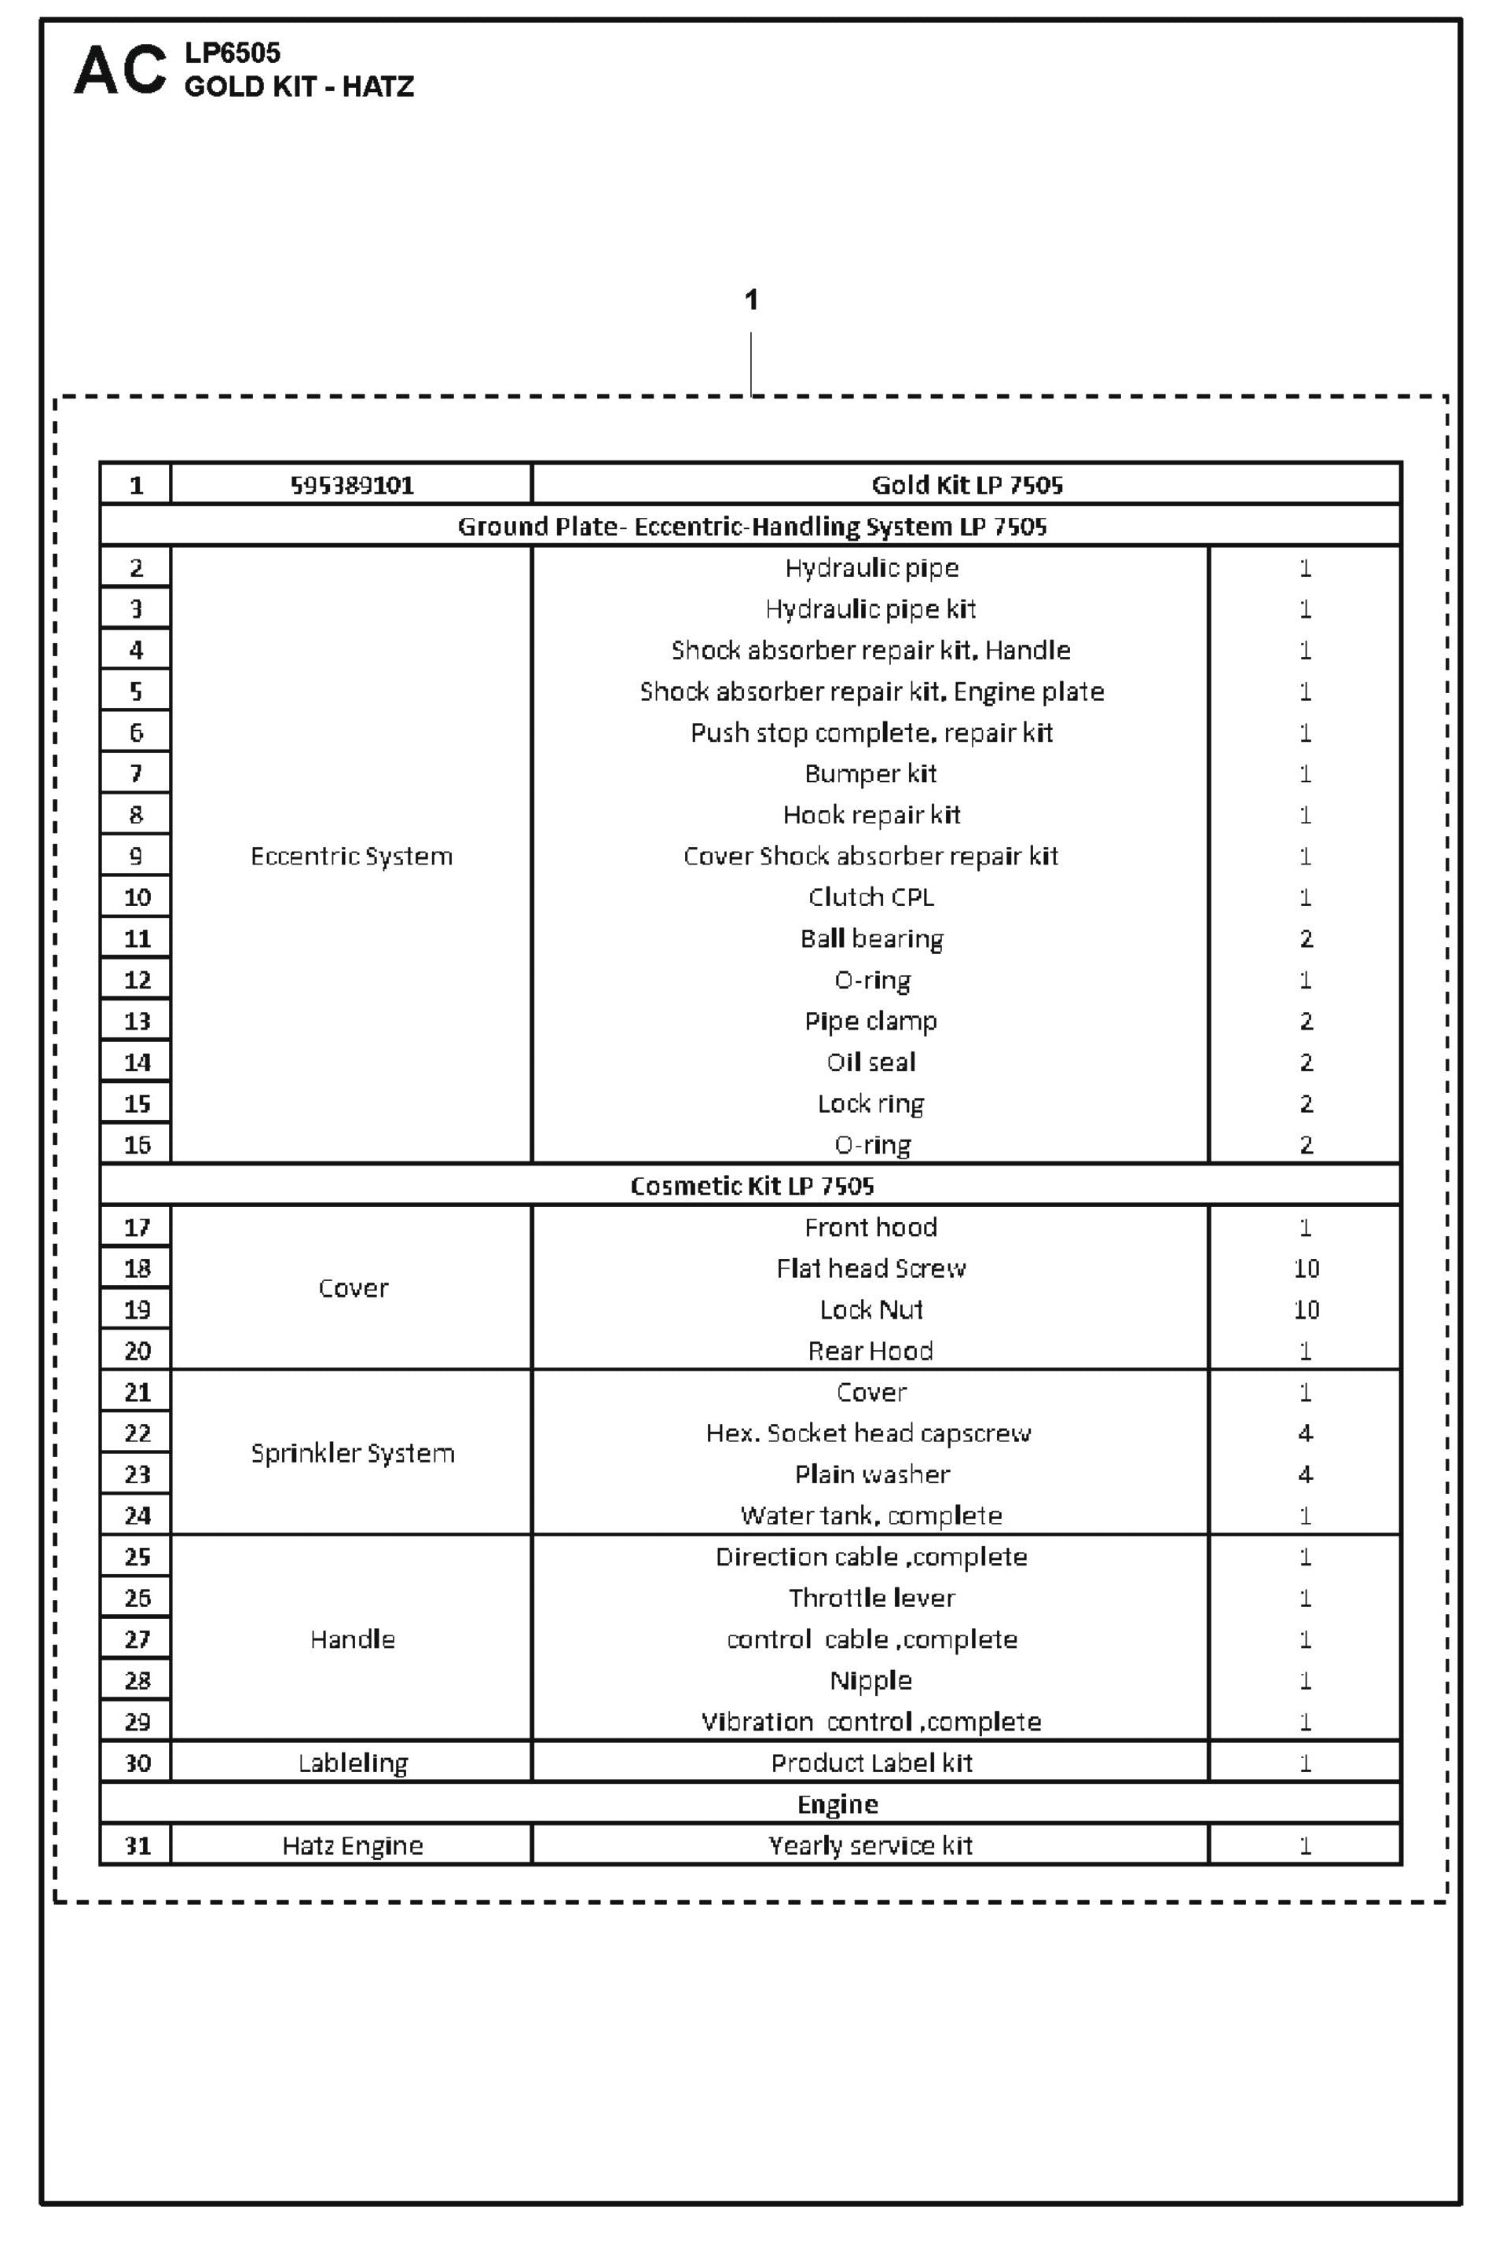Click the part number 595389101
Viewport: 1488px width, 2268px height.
pos(351,485)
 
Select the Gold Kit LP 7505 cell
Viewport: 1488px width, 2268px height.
pos(966,485)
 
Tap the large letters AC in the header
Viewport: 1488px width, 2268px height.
pos(120,71)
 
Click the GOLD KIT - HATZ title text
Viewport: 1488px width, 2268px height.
pos(299,86)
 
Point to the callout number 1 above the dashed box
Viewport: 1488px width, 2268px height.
pos(750,300)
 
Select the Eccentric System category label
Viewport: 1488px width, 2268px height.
pos(351,856)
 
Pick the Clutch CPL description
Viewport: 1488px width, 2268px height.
pos(870,897)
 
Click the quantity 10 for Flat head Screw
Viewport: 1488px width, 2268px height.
pos(1305,1268)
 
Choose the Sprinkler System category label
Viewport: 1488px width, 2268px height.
pos(351,1453)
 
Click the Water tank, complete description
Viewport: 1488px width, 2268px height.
pos(870,1515)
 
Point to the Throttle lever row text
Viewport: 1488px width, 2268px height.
pos(870,1598)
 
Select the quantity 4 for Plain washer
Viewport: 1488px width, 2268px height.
pos(1305,1474)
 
